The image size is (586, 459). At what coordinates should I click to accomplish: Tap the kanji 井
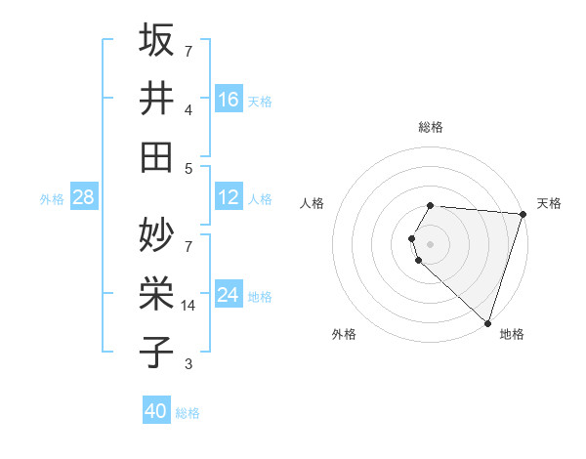(x=157, y=98)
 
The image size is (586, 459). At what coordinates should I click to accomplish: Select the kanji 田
(x=157, y=156)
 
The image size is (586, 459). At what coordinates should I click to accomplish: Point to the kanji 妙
(x=157, y=234)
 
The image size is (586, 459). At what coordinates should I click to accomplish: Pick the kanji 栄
(x=157, y=293)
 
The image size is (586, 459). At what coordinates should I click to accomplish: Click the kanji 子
(x=157, y=352)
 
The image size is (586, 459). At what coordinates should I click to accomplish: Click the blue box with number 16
(x=229, y=99)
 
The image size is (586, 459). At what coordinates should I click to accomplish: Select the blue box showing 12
(x=229, y=197)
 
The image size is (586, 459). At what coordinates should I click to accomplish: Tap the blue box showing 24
(x=229, y=295)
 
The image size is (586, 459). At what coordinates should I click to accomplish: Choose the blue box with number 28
(x=83, y=197)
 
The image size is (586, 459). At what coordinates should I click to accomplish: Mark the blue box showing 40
(x=156, y=411)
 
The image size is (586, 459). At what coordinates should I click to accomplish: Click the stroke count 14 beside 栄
(x=189, y=306)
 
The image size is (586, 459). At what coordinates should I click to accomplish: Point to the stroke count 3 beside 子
(x=188, y=364)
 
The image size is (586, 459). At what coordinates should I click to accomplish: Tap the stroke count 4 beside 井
(x=188, y=110)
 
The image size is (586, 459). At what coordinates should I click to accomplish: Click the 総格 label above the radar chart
(x=431, y=127)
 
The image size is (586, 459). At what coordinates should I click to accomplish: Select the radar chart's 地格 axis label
(x=512, y=334)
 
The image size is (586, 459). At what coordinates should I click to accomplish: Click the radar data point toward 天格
(x=523, y=214)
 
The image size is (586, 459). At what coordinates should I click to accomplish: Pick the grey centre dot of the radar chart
(x=431, y=243)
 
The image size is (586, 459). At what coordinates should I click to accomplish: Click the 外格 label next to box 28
(x=52, y=198)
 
